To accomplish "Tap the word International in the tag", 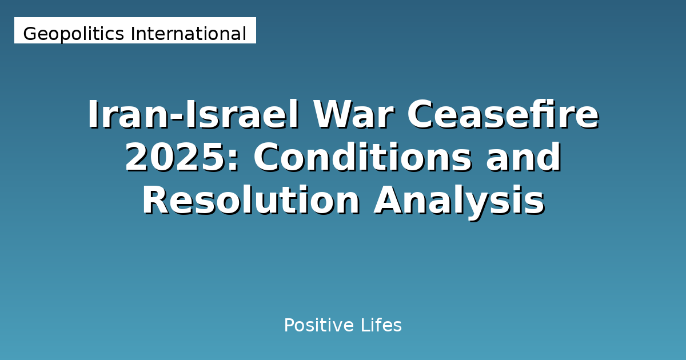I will (189, 34).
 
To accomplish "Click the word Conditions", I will (363, 158).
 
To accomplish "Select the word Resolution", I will (250, 201).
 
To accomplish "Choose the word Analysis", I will (459, 201).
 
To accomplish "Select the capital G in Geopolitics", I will (29, 34).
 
